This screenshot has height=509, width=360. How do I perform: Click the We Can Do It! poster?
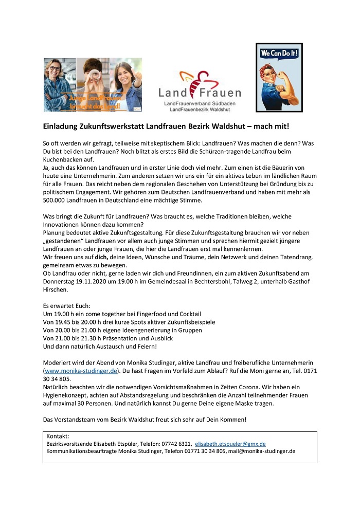point(279,77)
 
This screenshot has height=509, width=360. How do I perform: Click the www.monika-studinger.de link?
point(81,371)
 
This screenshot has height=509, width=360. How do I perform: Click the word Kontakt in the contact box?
point(58,436)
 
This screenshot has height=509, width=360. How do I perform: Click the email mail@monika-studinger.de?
point(261,451)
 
